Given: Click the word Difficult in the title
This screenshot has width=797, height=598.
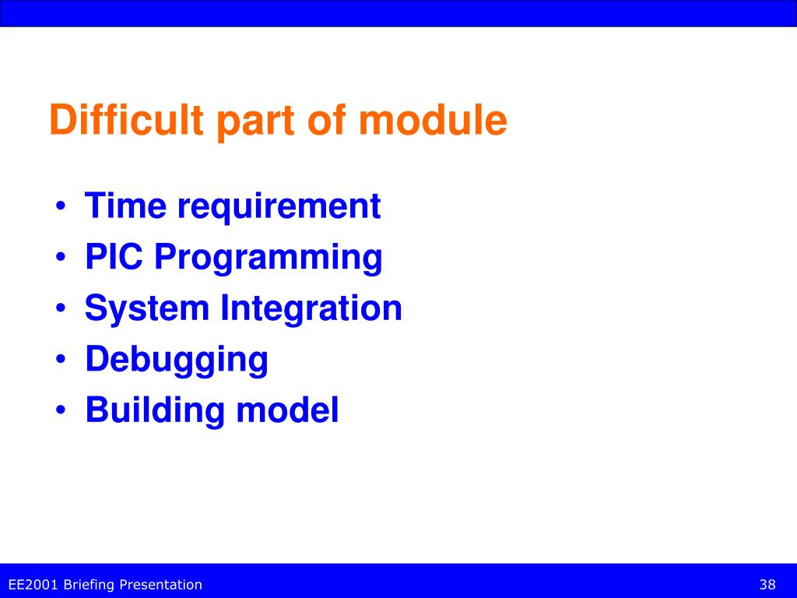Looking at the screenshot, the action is [127, 120].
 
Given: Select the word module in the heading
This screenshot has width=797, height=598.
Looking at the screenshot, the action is [433, 120].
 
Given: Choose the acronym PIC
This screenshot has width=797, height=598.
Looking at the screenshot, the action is [114, 256].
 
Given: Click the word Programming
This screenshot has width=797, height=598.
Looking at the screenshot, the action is [269, 259].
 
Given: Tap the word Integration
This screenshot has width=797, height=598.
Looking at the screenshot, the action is [311, 310].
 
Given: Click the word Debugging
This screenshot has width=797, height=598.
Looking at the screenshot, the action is [177, 361].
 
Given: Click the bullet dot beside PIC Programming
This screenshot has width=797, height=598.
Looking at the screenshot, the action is [61, 258].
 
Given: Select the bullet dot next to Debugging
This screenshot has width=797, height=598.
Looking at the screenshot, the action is [61, 360].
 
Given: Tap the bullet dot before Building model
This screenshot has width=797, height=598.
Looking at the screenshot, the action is [61, 410].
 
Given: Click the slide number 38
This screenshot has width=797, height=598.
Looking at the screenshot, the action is [767, 585].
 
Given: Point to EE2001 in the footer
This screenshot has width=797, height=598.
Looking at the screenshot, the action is [33, 585].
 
